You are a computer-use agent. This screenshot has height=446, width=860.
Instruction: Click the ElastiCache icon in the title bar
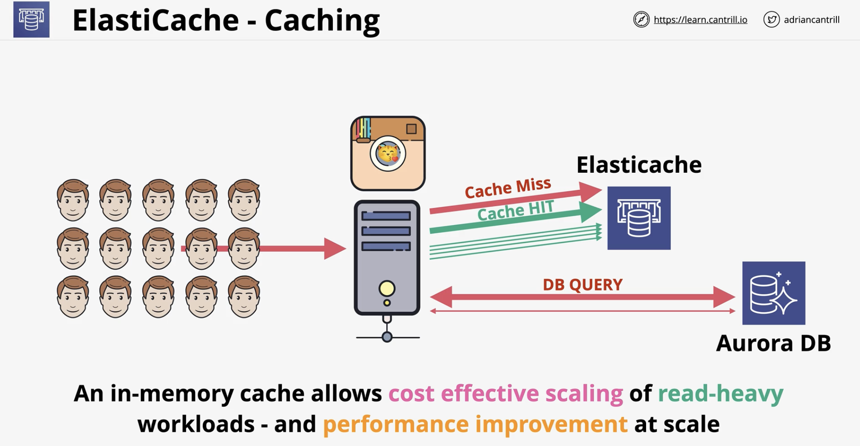tap(31, 19)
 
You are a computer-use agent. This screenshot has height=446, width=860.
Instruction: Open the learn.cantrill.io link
tap(700, 20)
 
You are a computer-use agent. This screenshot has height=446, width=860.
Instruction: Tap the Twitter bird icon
tap(772, 19)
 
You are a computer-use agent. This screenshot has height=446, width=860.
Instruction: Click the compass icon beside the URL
tap(641, 19)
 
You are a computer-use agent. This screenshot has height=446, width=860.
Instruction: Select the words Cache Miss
tap(508, 188)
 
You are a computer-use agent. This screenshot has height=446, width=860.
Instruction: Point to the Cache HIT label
tap(515, 211)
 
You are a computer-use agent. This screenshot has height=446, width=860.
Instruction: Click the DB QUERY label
tap(582, 284)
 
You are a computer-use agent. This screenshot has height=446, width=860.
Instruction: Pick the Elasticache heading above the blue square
tap(639, 165)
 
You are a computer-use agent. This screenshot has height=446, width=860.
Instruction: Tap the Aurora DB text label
tap(773, 343)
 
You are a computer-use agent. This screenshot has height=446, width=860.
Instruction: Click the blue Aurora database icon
tap(774, 293)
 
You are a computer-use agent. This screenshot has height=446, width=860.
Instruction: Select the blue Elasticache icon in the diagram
tap(639, 218)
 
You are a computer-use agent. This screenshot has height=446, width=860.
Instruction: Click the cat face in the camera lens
tap(388, 153)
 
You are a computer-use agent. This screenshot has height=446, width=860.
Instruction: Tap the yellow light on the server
tap(387, 288)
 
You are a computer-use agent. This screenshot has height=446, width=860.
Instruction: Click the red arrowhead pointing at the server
tap(335, 248)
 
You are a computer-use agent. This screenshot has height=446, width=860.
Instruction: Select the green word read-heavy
tap(720, 394)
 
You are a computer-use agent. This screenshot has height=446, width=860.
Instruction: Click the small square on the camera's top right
tap(411, 128)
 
